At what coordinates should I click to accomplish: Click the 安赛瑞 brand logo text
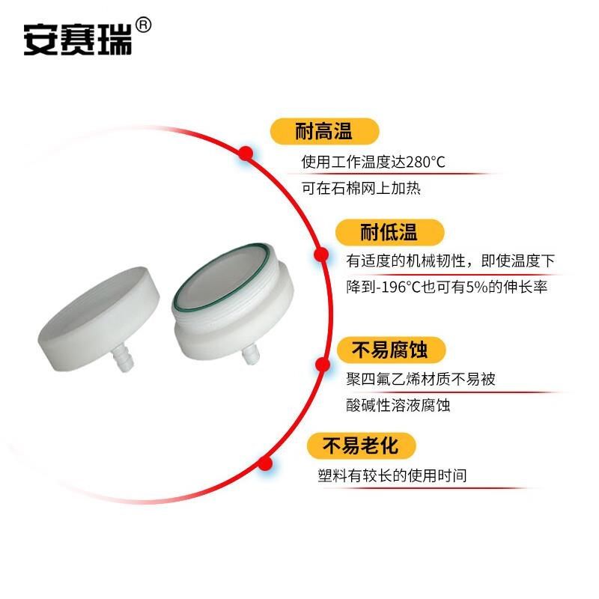[77, 40]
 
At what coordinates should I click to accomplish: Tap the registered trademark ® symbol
[145, 24]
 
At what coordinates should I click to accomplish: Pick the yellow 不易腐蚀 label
[389, 349]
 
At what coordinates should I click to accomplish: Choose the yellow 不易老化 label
[359, 446]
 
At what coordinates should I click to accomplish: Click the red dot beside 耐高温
[246, 153]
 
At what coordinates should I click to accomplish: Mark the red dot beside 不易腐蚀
[323, 365]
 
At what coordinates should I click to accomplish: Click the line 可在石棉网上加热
[361, 188]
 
